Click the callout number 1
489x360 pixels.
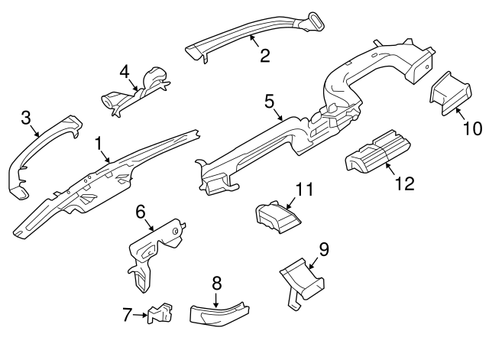coord(99,143)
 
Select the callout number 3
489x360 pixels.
coord(25,118)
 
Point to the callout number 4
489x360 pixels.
coord(125,72)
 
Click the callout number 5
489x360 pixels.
coord(268,100)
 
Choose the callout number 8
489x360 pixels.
coord(216,283)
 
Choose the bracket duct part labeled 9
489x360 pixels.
coord(302,277)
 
